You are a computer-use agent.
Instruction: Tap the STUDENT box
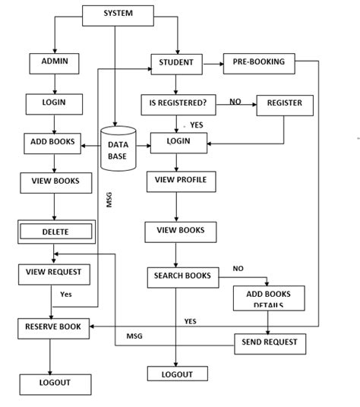tap(176, 63)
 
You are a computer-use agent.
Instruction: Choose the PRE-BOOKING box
tap(258, 63)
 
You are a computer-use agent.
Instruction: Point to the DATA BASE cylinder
tap(118, 149)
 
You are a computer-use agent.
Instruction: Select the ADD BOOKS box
tap(52, 142)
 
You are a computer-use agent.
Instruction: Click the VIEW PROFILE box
tap(180, 181)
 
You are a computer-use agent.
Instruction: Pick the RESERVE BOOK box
tap(52, 327)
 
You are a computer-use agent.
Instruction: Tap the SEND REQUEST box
tap(270, 343)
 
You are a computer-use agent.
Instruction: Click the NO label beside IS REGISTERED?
tap(235, 101)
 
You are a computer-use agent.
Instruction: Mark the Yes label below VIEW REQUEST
tap(66, 293)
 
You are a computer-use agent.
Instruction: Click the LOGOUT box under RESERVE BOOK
tap(55, 383)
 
